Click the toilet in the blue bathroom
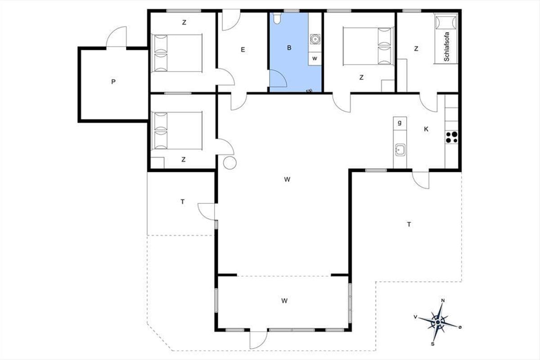tap(277, 18)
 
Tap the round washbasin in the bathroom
tap(315, 39)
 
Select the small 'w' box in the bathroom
tap(315, 58)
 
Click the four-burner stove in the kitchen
tap(451, 137)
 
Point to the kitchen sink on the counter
tap(400, 150)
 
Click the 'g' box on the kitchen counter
tap(400, 123)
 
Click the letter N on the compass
tap(443, 301)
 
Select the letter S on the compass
tap(433, 344)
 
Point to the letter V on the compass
tap(415, 317)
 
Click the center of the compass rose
tap(438, 322)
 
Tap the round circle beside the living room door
tap(230, 163)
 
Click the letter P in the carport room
tap(113, 82)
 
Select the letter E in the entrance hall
tap(243, 49)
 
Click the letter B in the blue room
tap(289, 48)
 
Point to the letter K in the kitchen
tap(426, 129)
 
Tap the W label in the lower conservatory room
tap(284, 301)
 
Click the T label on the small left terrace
tap(183, 202)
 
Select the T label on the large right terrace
tap(409, 225)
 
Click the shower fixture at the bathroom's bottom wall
tap(309, 90)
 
